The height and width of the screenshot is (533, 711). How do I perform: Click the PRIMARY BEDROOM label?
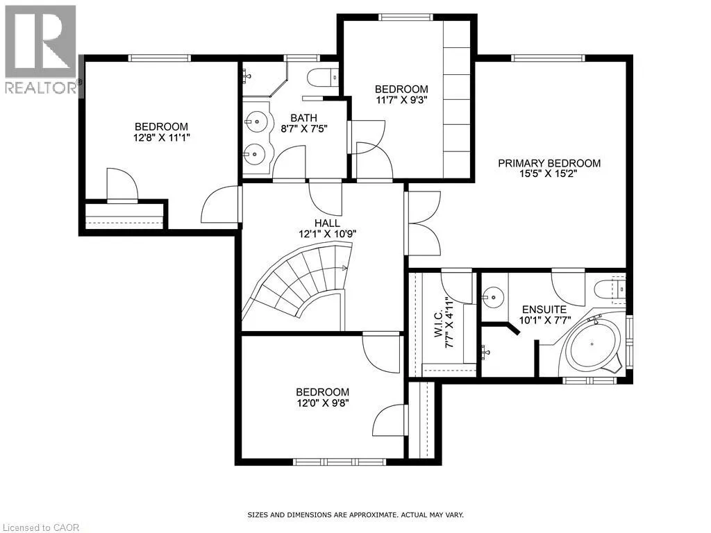point(549,163)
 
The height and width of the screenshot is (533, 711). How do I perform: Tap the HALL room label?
point(327,223)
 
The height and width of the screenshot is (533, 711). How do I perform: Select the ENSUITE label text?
point(544,310)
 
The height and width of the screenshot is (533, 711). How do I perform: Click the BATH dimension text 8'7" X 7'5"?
point(304,128)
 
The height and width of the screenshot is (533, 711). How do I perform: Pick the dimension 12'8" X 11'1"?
point(161,137)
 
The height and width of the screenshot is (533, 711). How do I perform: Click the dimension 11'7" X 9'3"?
point(401,100)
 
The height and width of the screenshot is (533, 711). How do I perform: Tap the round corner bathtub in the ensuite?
point(592,344)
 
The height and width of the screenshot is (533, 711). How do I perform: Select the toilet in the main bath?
point(323,78)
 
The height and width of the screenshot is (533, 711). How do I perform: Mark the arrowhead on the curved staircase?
point(344,269)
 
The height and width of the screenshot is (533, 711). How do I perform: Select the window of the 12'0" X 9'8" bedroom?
point(339,462)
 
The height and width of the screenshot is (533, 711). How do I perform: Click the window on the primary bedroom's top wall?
point(548,58)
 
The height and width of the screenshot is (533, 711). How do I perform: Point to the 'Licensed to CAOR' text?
point(40,527)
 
